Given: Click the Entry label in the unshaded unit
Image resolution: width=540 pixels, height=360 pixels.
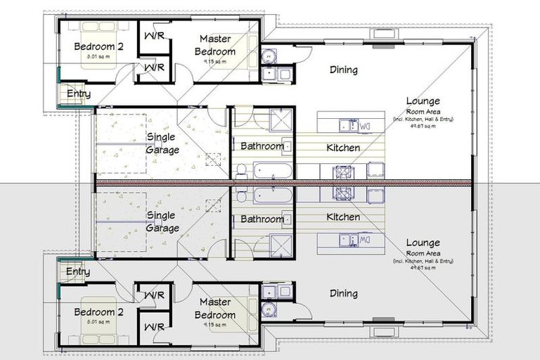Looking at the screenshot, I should point(78,93).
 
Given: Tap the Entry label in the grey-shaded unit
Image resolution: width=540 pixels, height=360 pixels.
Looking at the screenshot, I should point(78,271).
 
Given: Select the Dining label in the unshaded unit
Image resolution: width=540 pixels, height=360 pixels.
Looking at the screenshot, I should point(343,70).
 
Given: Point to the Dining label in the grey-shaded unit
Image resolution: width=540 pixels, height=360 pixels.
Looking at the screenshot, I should point(343,294).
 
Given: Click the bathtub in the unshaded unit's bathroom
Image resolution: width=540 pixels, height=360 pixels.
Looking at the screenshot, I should point(272,169).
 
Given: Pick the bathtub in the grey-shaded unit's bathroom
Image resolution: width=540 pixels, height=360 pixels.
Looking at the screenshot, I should point(272,195).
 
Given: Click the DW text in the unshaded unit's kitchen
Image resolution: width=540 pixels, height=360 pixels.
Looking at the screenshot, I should point(364,127).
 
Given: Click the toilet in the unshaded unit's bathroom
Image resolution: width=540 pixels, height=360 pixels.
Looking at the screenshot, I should point(240,169).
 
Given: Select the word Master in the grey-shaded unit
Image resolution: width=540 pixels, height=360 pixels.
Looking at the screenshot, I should point(214,302).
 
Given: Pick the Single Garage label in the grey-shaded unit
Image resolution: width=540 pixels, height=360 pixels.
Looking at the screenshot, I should point(162,222).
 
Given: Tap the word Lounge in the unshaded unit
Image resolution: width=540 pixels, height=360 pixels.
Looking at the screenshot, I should point(423,101).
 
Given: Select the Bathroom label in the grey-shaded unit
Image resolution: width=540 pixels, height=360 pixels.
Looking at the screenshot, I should point(262,219).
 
